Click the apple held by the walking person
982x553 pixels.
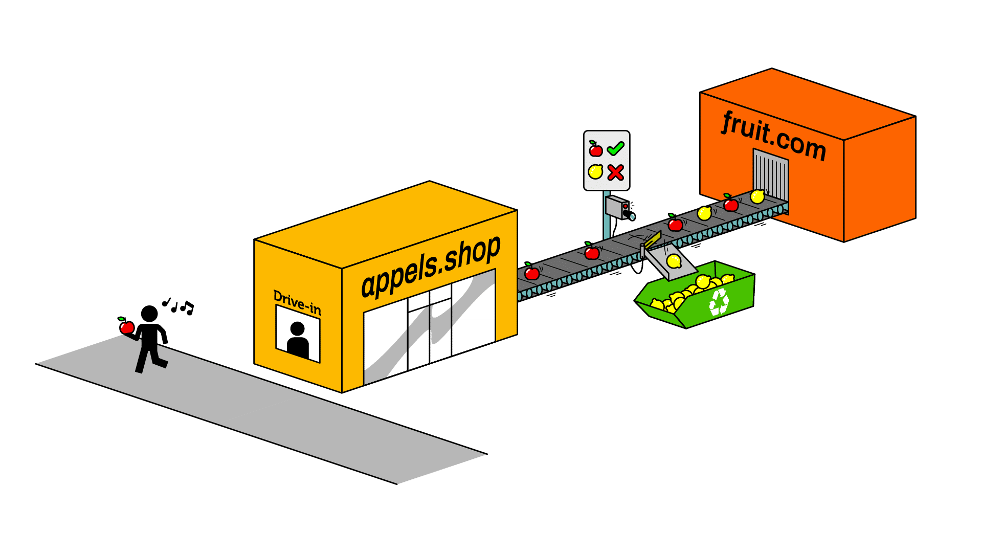(x=126, y=326)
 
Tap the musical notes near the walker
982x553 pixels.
(x=178, y=306)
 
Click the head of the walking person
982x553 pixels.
(x=149, y=314)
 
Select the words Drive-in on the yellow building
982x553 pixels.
(x=297, y=302)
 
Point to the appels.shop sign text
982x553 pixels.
(x=431, y=266)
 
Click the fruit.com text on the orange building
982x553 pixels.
(x=774, y=136)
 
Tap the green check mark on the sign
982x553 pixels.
(x=615, y=149)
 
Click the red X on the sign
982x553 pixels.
(x=615, y=172)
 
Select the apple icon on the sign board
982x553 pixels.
(x=595, y=149)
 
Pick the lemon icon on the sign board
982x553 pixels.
(x=595, y=172)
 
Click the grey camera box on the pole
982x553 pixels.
(x=617, y=207)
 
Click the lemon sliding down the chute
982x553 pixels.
(x=674, y=261)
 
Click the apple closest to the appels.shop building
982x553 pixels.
(x=531, y=272)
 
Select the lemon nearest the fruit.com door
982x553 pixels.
(x=757, y=196)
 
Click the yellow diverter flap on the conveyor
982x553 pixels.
(x=653, y=239)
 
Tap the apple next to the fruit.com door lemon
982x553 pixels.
(x=730, y=204)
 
